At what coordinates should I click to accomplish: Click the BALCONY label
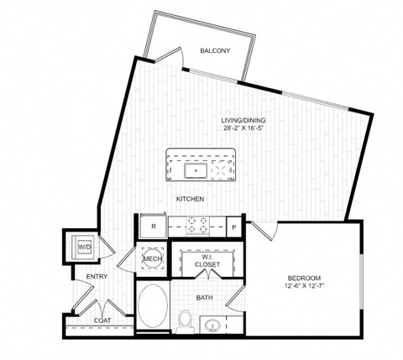pyautogui.click(x=216, y=51)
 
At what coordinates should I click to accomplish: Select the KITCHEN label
pyautogui.click(x=191, y=199)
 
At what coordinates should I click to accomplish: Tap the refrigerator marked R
pyautogui.click(x=153, y=226)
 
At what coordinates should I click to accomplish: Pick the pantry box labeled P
pyautogui.click(x=234, y=226)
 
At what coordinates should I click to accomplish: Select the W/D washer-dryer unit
pyautogui.click(x=84, y=248)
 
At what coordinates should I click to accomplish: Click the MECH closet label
pyautogui.click(x=152, y=259)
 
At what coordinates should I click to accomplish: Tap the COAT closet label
pyautogui.click(x=103, y=320)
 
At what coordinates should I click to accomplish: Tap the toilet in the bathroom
pyautogui.click(x=186, y=320)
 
